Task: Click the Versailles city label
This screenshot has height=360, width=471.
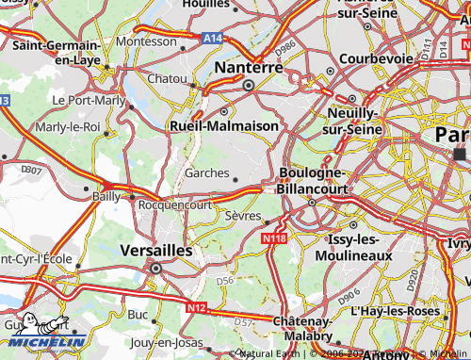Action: (157, 252)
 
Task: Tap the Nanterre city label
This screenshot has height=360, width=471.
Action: (250, 68)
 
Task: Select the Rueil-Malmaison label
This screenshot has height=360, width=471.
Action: (223, 124)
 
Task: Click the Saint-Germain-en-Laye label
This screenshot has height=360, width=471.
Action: (57, 52)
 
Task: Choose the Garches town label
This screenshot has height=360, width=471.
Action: (206, 173)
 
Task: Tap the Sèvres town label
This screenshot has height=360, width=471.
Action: (242, 216)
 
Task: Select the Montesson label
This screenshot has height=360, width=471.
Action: (146, 42)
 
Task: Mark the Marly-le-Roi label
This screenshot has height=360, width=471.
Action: (67, 126)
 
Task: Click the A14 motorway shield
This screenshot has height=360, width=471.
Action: (212, 38)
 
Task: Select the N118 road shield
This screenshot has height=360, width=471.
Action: (273, 239)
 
